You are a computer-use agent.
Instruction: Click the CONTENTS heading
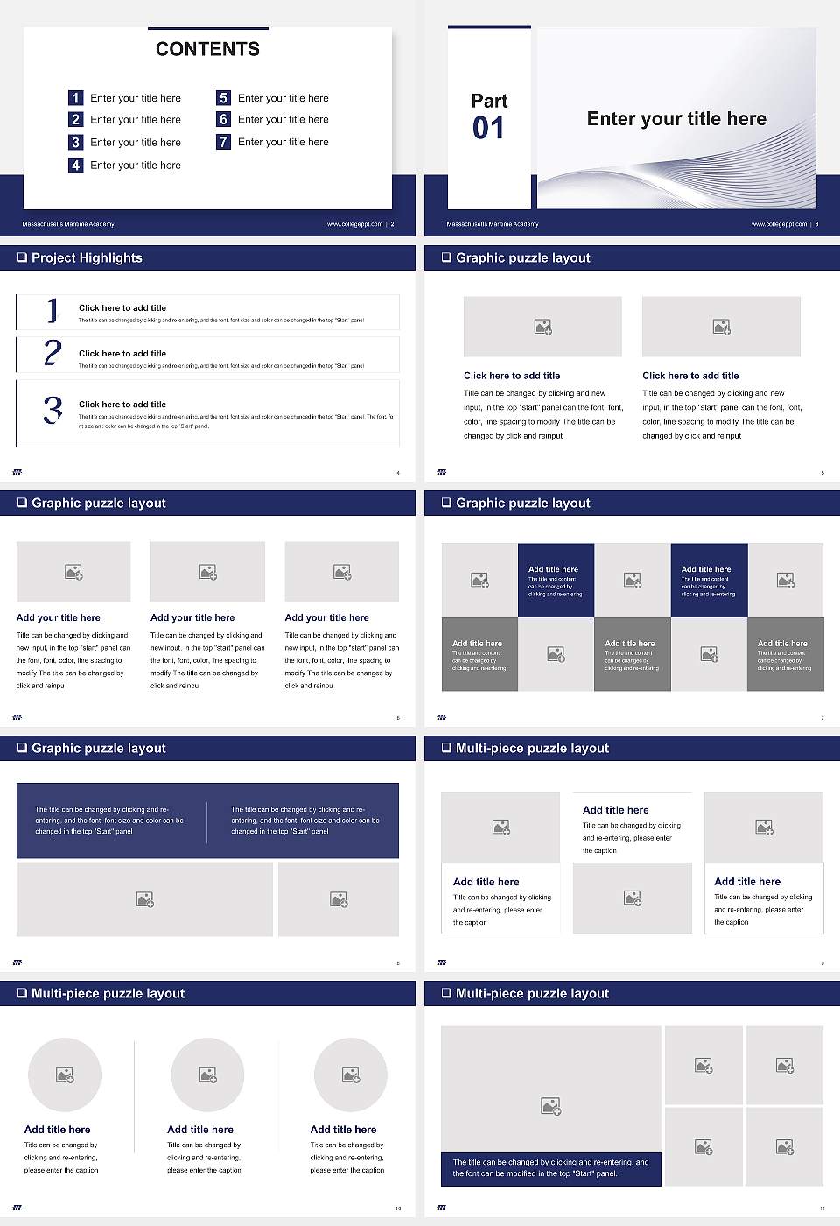(207, 49)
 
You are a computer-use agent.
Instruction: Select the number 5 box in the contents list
(223, 98)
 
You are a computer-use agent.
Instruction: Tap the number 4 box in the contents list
(75, 165)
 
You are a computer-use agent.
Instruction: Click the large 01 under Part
(488, 129)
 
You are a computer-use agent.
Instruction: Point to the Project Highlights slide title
(87, 257)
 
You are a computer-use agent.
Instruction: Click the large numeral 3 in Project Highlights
(52, 410)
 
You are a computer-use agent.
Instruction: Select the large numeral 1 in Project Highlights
(52, 310)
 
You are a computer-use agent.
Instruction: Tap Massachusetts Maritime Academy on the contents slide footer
(68, 224)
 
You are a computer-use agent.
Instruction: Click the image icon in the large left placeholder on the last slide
(550, 1107)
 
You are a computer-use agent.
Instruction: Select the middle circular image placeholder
(207, 1075)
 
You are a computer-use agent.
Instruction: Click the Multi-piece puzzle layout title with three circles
(108, 993)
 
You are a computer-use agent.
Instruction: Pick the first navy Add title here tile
(556, 580)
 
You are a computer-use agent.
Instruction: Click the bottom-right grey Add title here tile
(785, 654)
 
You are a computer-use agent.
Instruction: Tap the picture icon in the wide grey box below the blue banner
(145, 899)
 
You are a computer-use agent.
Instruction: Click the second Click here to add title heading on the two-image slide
(690, 376)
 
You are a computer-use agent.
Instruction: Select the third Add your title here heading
(326, 617)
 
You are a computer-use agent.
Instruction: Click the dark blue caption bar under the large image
(550, 1168)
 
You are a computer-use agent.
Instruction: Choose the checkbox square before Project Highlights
(22, 257)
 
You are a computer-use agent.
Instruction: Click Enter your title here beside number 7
(283, 142)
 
